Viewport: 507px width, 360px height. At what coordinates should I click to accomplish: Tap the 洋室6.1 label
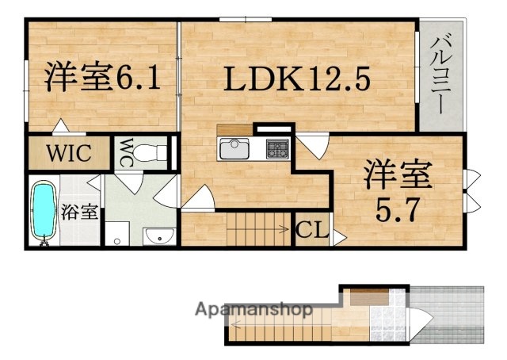point(103,79)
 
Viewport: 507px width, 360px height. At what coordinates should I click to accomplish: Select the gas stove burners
point(277,148)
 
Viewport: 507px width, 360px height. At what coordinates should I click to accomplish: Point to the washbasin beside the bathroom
point(159,235)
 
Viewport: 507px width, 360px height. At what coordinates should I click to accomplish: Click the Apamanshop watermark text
point(253,309)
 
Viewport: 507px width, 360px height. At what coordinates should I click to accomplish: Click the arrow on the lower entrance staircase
point(238,324)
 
